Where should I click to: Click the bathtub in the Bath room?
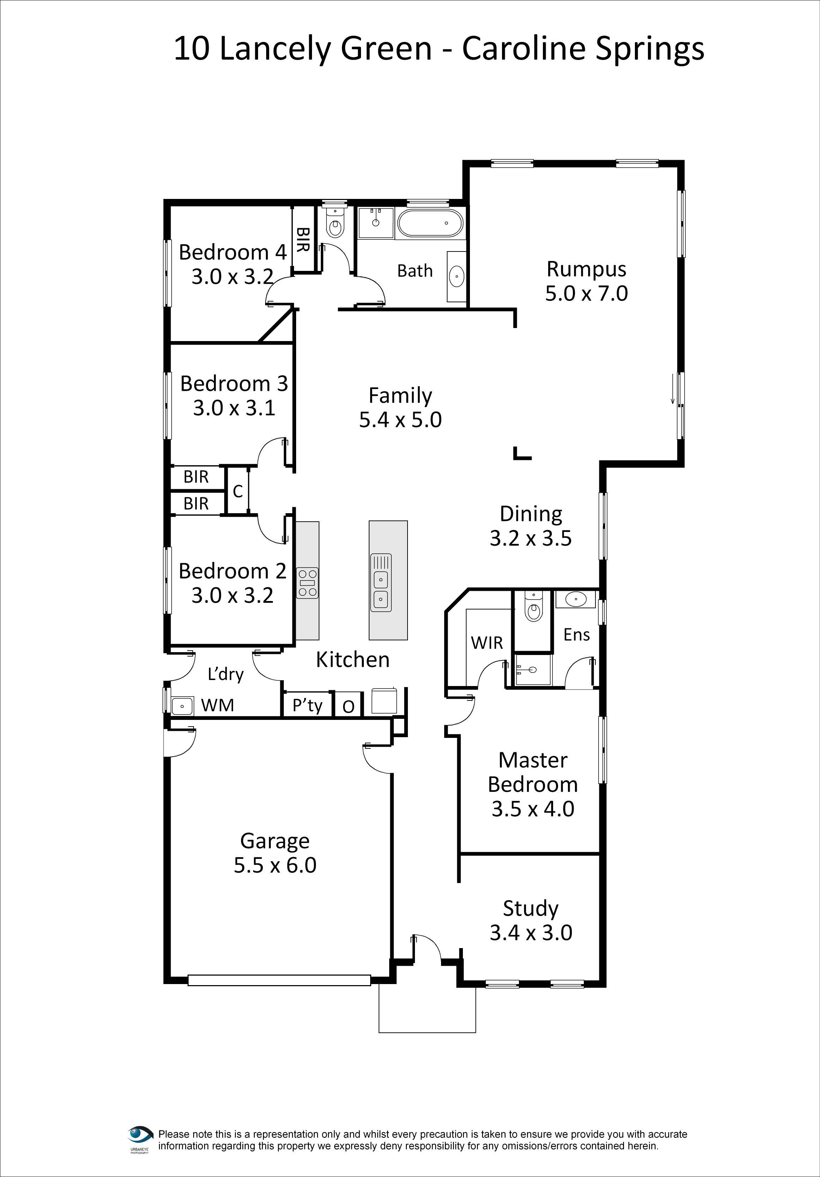(x=430, y=223)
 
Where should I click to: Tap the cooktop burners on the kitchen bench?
(x=307, y=583)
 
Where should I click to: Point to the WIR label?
(x=487, y=642)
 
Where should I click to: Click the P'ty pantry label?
(x=307, y=706)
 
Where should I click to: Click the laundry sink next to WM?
(x=182, y=706)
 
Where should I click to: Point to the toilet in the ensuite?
(x=533, y=609)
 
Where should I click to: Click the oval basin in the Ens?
(x=576, y=599)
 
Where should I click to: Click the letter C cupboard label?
(x=237, y=491)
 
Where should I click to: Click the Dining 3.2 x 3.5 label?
(x=531, y=526)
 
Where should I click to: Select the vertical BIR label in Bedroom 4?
(x=302, y=239)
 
